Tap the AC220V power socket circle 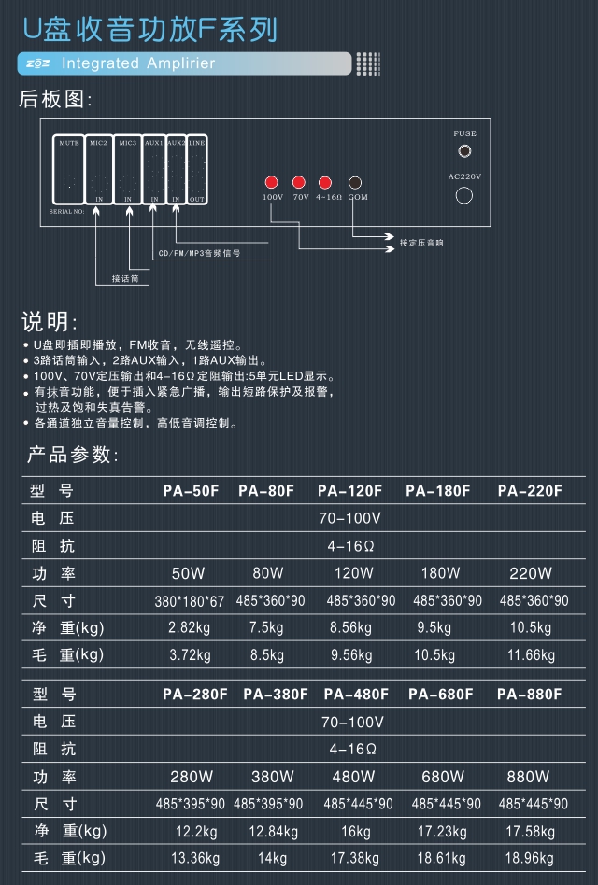pos(464,195)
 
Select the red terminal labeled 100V pos(272,182)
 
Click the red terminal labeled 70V pos(299,182)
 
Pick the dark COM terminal pos(355,183)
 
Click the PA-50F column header pos(191,490)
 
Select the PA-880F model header pos(530,694)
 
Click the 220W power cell pos(531,573)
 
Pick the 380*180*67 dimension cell pos(190,601)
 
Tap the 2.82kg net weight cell pos(190,627)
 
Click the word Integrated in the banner pos(99,63)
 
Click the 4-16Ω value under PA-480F pos(352,749)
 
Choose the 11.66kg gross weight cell pos(531,655)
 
